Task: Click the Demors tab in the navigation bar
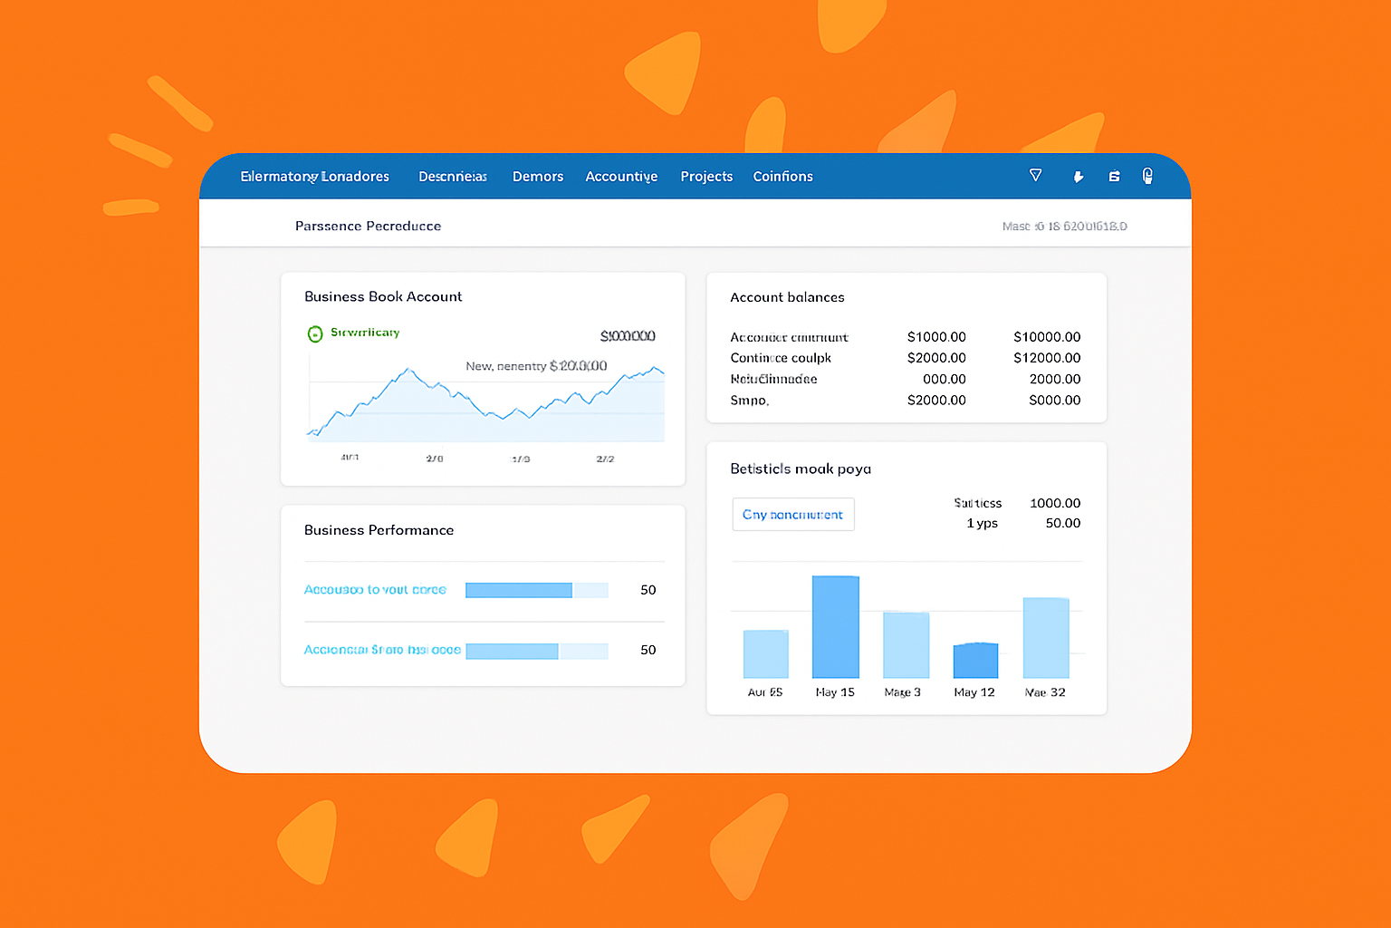[x=538, y=177]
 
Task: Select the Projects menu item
[x=706, y=177]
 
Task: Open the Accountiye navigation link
[x=621, y=177]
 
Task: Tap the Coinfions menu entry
[x=782, y=177]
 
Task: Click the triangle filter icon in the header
[x=1035, y=175]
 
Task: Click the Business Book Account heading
[x=383, y=296]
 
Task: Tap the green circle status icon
[x=315, y=333]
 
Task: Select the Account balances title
[x=787, y=297]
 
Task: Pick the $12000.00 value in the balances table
[x=1047, y=358]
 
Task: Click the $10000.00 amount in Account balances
[x=1047, y=337]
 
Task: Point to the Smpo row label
[x=749, y=401]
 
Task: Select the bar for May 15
[x=835, y=627]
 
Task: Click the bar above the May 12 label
[x=975, y=661]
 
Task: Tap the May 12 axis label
[x=974, y=692]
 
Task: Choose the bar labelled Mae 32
[x=1046, y=638]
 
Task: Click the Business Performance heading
[x=379, y=530]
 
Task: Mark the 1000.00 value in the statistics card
[x=1055, y=503]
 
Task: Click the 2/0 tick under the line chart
[x=435, y=459]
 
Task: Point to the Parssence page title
[x=368, y=226]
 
